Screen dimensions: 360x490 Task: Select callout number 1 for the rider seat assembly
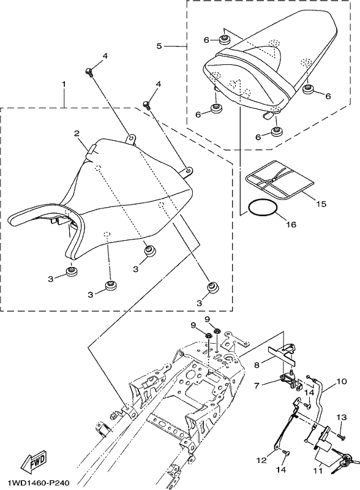64,84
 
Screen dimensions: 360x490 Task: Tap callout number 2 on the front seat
77,134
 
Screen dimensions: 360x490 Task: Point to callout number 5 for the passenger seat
159,47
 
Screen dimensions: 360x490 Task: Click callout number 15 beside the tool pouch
321,204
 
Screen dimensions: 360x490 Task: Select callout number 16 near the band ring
291,224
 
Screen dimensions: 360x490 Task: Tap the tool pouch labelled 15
280,180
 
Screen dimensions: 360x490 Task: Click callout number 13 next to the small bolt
342,417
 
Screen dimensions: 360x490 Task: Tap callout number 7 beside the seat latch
257,386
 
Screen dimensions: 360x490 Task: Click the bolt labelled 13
341,435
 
